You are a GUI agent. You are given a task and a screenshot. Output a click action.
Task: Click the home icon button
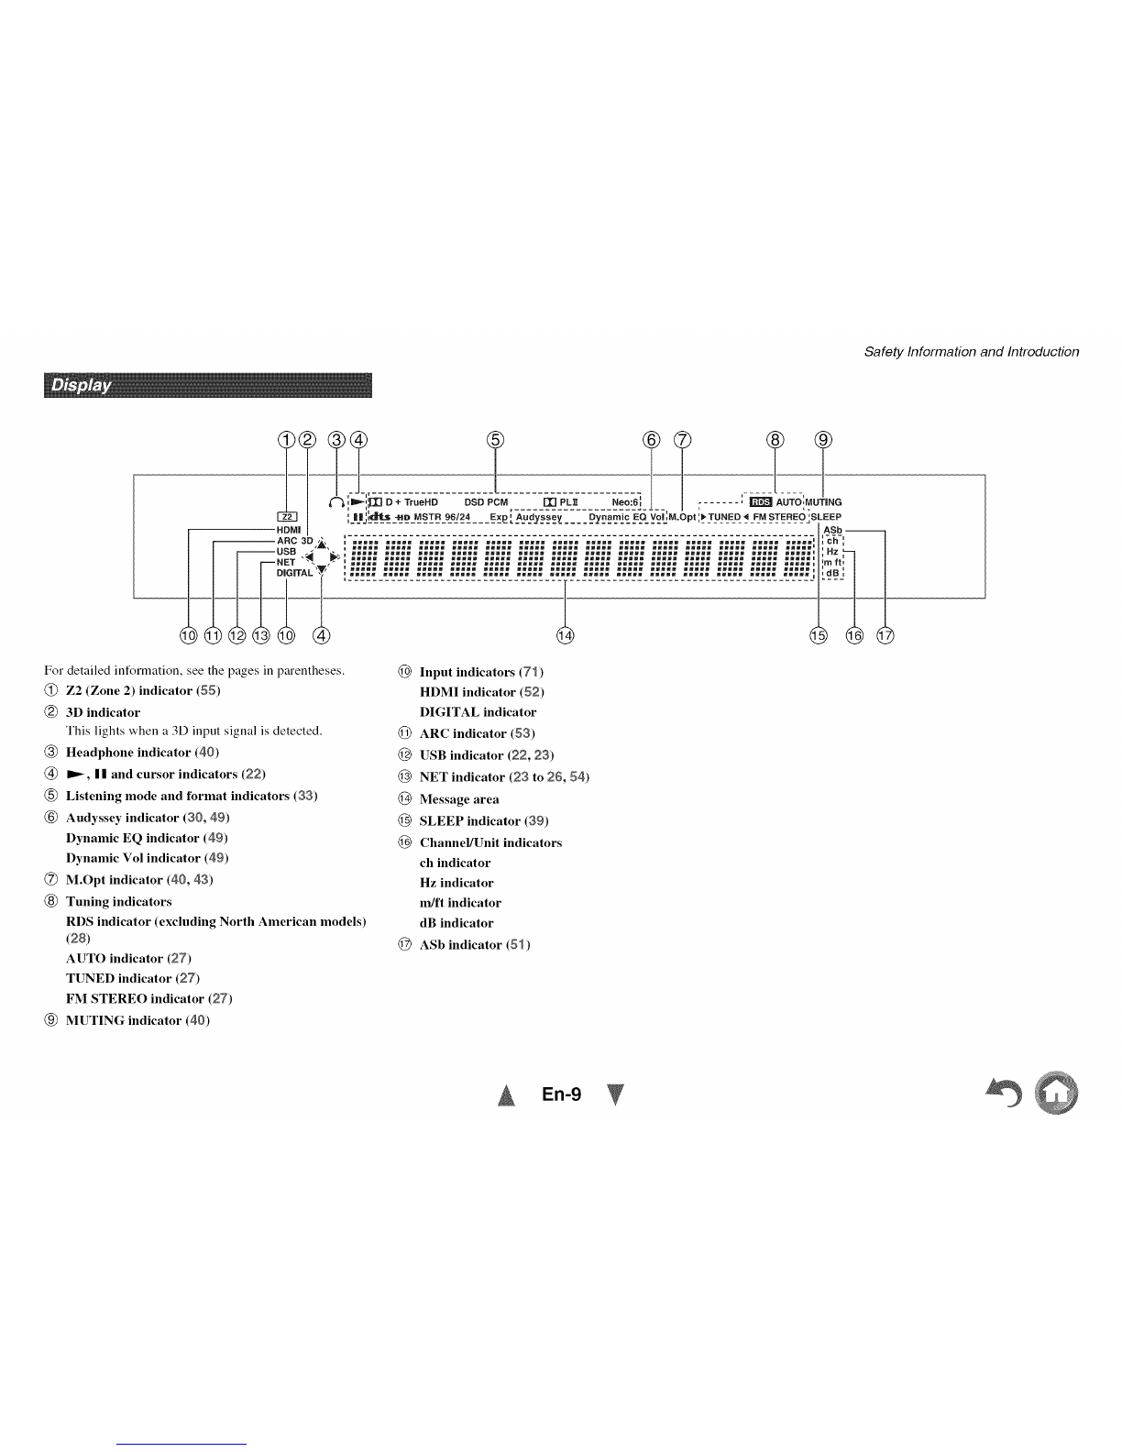[1056, 1093]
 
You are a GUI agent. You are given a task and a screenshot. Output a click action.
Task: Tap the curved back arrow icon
[1004, 1092]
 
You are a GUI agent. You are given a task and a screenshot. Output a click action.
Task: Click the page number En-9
[561, 1094]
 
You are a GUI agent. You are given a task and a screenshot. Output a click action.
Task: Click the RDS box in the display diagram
[761, 501]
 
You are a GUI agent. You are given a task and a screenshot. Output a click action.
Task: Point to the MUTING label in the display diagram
[823, 501]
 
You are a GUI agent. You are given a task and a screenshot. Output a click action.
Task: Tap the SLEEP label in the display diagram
[826, 516]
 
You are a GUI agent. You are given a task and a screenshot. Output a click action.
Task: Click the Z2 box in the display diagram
[287, 516]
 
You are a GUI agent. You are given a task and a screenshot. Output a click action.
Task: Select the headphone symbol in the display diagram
[336, 501]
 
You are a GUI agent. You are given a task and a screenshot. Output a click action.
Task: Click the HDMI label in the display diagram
[289, 530]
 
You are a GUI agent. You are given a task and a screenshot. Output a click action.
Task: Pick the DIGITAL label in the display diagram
[294, 573]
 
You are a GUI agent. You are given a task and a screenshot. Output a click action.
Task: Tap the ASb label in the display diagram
[832, 530]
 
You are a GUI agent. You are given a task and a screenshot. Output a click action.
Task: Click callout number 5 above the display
[495, 440]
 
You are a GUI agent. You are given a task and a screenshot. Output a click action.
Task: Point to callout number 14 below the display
[565, 634]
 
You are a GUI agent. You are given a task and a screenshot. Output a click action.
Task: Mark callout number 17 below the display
[885, 634]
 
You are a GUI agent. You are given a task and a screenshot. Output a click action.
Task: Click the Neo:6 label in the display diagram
[625, 501]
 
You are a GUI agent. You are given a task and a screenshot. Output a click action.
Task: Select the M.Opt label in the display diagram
[682, 516]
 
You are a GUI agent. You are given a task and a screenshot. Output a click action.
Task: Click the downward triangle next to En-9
[615, 1094]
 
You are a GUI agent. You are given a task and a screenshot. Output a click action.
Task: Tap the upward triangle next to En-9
[507, 1094]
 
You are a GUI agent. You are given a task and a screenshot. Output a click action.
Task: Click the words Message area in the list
[459, 799]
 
